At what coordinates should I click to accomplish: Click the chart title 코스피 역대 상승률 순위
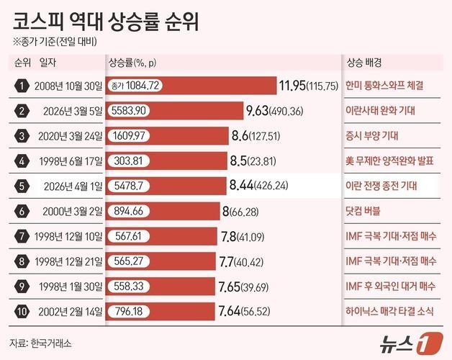(x=106, y=19)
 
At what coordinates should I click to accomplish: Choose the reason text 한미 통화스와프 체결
(x=384, y=86)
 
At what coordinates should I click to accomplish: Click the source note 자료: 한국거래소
(x=41, y=343)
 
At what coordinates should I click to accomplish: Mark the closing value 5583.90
(x=130, y=111)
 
